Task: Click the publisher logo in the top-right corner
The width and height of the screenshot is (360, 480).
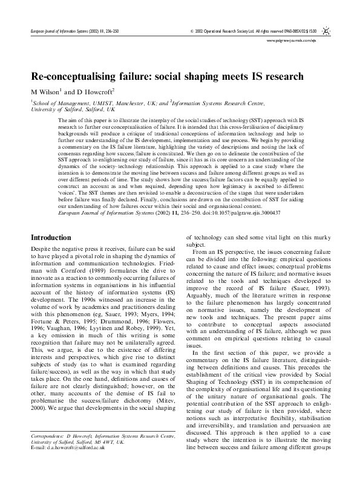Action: [326, 29]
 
